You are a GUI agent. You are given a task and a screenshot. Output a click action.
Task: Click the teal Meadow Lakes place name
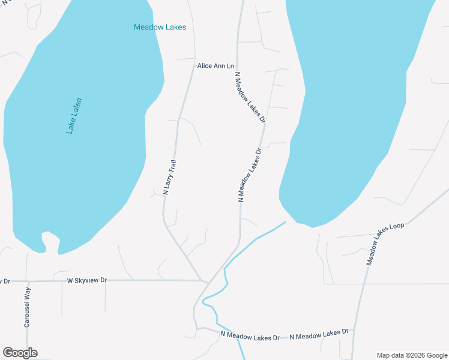click(x=160, y=27)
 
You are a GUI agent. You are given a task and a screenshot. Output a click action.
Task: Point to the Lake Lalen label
click(x=74, y=116)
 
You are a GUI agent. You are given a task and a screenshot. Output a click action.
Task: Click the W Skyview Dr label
click(x=86, y=280)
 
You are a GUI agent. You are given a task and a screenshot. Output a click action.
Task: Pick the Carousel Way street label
click(x=27, y=307)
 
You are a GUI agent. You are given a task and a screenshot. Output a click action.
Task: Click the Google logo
click(x=20, y=353)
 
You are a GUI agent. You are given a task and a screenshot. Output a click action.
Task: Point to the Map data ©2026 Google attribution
click(x=412, y=355)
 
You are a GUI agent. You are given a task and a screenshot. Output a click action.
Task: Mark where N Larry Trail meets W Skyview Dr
click(x=202, y=280)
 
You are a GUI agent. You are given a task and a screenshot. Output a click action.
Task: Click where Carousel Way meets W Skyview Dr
click(x=27, y=281)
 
